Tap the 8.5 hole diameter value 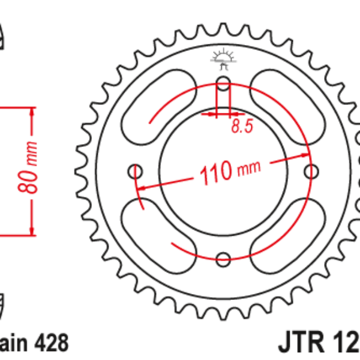(x=237, y=127)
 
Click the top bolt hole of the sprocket (x=223, y=83)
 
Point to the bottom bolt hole (x=223, y=259)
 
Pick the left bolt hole (x=136, y=172)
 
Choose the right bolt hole (x=311, y=172)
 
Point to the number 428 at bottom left (x=51, y=344)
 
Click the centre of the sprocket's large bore (x=223, y=172)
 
